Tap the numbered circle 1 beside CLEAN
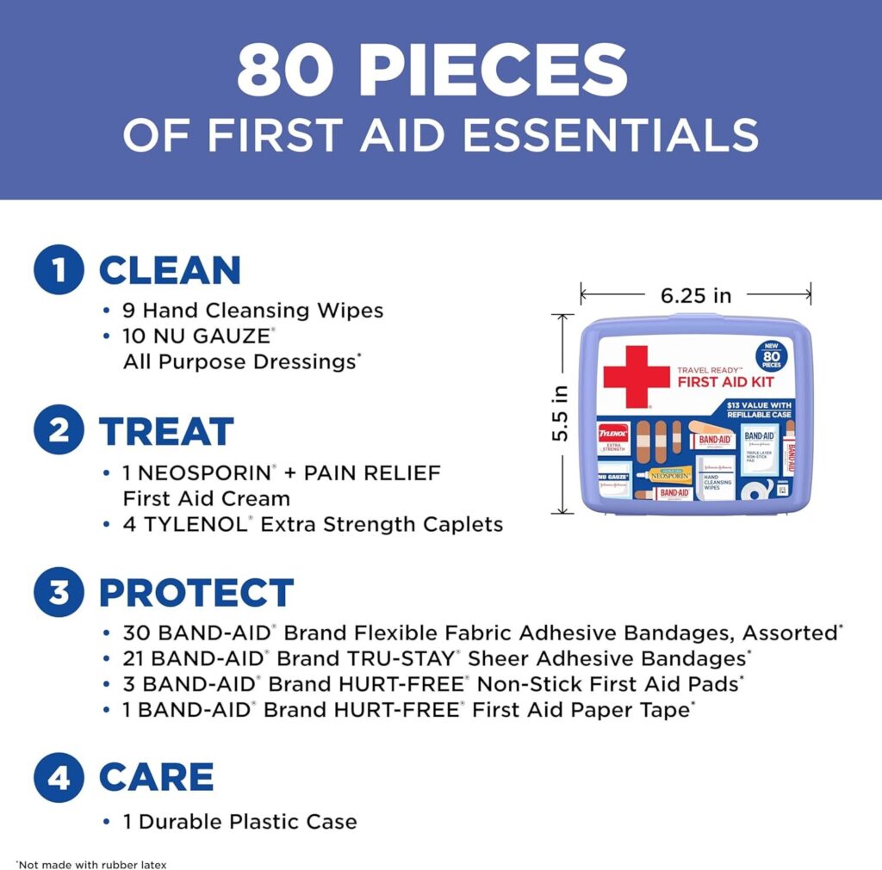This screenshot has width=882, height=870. (x=59, y=269)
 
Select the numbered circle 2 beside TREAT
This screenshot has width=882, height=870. (x=59, y=430)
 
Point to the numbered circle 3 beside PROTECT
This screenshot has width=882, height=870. (x=59, y=592)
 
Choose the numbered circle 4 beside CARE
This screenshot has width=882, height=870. (x=59, y=777)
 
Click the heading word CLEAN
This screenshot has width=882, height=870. (x=170, y=270)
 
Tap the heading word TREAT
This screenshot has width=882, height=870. (x=166, y=431)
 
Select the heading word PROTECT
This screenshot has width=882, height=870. (x=196, y=593)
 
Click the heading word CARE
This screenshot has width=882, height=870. (x=156, y=778)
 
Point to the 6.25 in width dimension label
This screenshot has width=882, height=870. (x=696, y=295)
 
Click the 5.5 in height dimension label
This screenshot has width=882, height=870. (x=561, y=414)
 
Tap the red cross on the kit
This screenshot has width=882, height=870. (x=636, y=375)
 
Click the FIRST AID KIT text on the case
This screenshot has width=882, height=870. (x=725, y=381)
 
